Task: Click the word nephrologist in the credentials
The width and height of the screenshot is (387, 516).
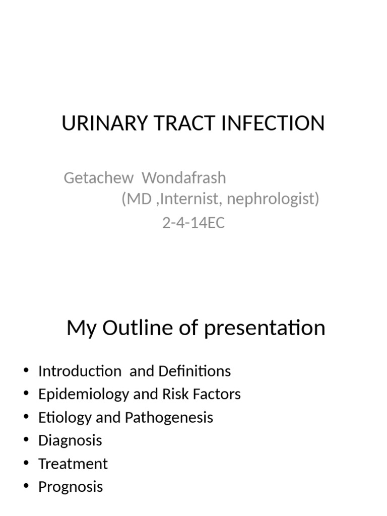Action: tap(273, 200)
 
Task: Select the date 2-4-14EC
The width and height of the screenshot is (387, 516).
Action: tap(193, 222)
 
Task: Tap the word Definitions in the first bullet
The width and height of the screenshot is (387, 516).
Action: tap(195, 371)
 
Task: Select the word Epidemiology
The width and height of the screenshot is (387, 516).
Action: tap(84, 394)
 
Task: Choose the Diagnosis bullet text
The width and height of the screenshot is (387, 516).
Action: tap(70, 440)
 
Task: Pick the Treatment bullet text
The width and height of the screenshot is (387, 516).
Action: tap(73, 464)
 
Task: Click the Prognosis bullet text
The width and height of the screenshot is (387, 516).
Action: tap(71, 487)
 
